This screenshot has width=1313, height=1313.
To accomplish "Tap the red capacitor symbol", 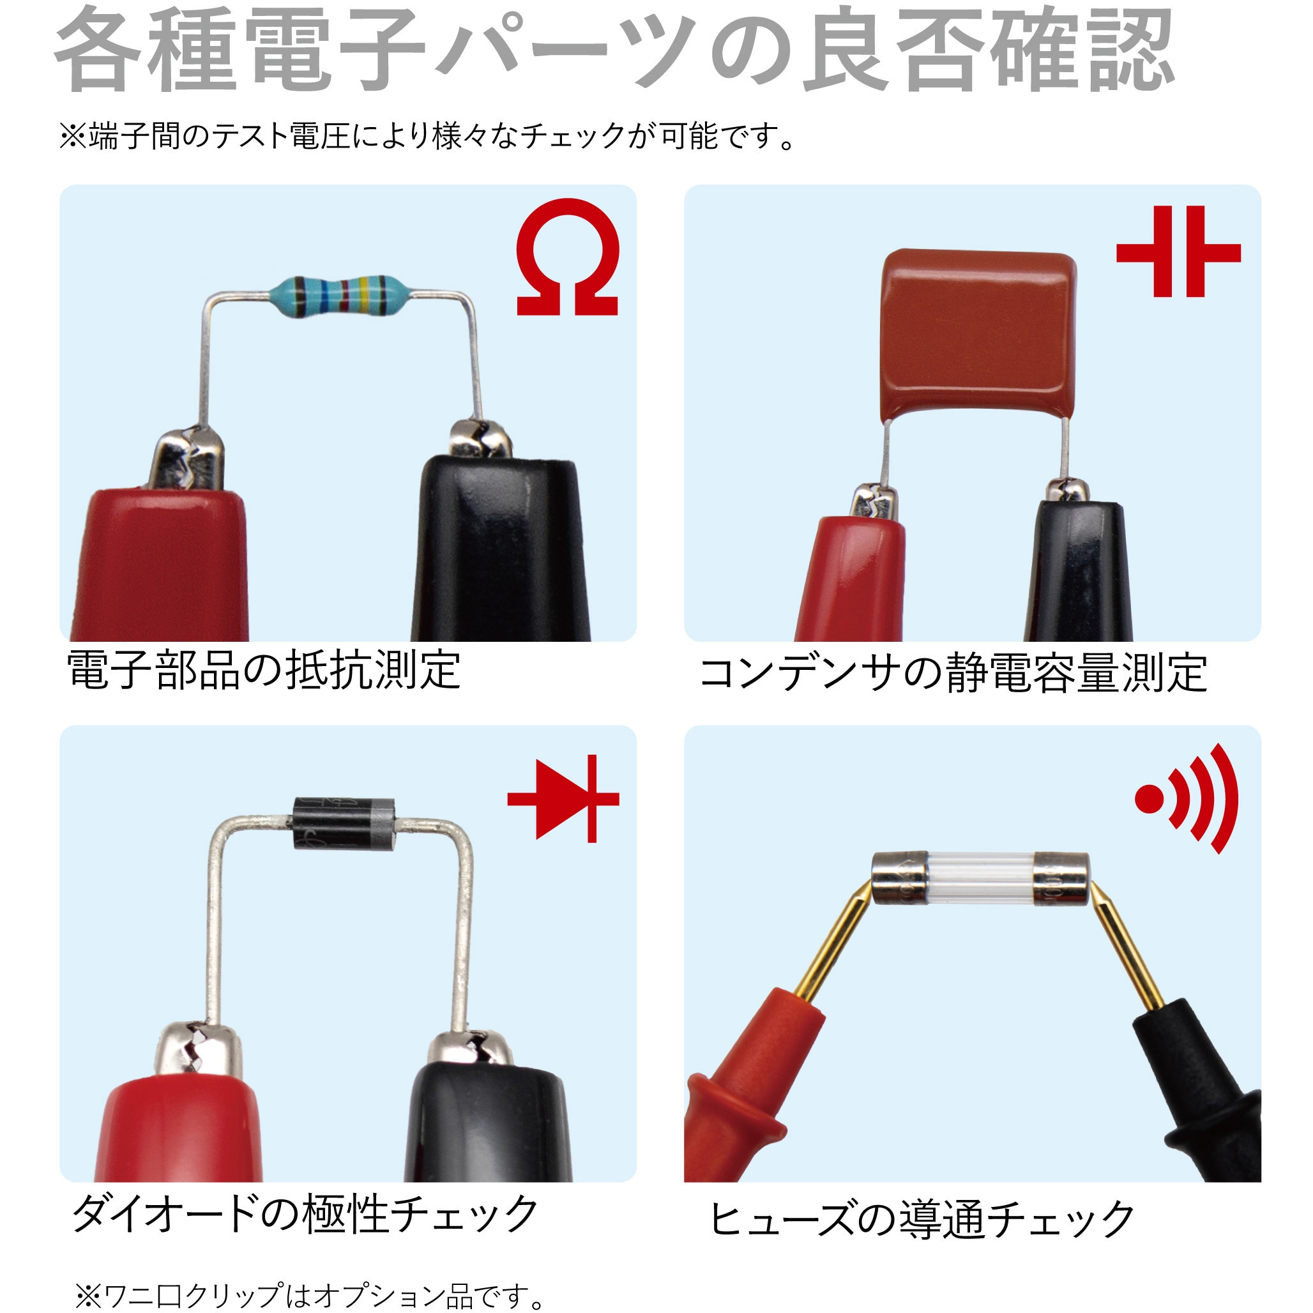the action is click(x=1178, y=252).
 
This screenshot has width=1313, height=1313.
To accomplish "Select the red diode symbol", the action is click(x=563, y=798).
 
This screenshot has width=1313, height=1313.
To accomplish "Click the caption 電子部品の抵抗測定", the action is click(x=264, y=670).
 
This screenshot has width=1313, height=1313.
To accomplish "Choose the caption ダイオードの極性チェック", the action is click(x=305, y=1214).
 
